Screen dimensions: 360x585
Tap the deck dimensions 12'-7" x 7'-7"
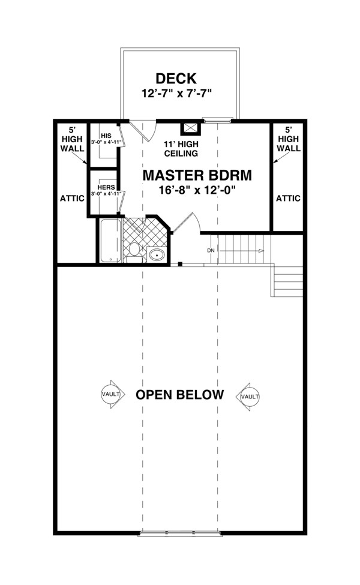176,93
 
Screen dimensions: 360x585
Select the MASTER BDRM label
197,175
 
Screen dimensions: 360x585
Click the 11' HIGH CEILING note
181,148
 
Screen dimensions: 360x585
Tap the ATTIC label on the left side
72,198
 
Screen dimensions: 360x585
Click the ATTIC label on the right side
288,198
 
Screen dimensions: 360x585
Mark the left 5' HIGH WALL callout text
72,139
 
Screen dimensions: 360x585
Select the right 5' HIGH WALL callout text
289,139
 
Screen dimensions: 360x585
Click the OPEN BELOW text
179,394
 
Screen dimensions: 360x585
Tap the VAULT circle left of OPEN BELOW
111,394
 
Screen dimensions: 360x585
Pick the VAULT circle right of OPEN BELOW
250,397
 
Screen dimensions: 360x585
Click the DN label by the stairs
211,251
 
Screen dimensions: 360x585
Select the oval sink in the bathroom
157,255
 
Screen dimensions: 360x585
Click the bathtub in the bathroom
110,241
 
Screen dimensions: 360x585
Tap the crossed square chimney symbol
191,128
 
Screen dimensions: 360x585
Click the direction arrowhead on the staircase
262,251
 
